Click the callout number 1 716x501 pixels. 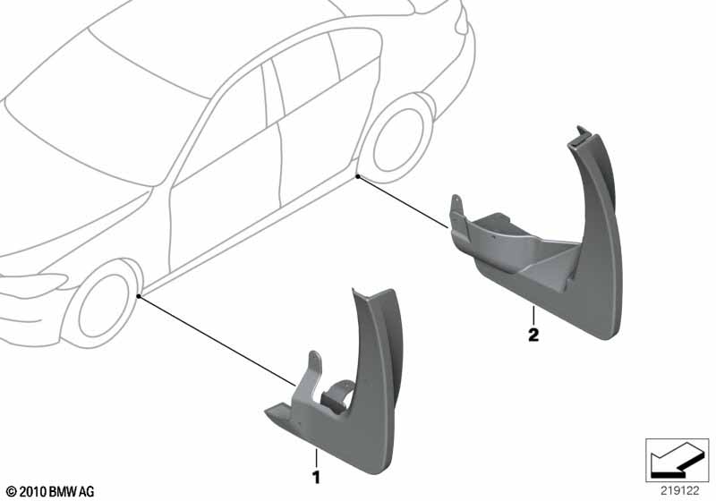pos(316,478)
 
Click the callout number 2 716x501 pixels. pos(533,335)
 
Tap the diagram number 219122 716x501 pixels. pos(680,491)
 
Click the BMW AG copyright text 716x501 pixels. pos(50,491)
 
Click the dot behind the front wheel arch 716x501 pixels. pos(139,297)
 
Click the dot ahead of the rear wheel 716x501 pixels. pos(359,176)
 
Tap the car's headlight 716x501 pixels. pos(34,283)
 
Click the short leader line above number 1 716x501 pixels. pos(316,458)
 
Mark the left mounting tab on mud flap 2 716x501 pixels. pos(456,211)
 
